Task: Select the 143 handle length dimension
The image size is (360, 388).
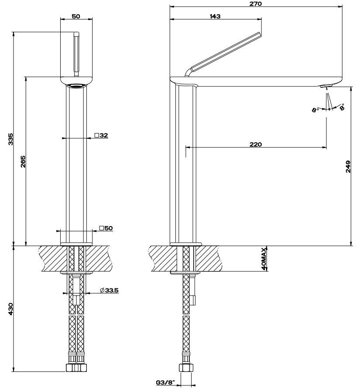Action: click(215, 16)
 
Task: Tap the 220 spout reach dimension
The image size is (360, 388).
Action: click(256, 144)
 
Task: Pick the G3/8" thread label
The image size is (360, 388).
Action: click(165, 383)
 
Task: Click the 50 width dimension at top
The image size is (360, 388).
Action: click(76, 16)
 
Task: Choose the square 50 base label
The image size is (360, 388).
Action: click(106, 228)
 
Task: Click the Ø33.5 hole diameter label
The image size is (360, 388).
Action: click(109, 290)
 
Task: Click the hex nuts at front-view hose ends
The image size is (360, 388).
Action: click(76, 367)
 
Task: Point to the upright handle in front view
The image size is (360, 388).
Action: click(77, 55)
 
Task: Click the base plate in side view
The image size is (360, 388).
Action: click(186, 244)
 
